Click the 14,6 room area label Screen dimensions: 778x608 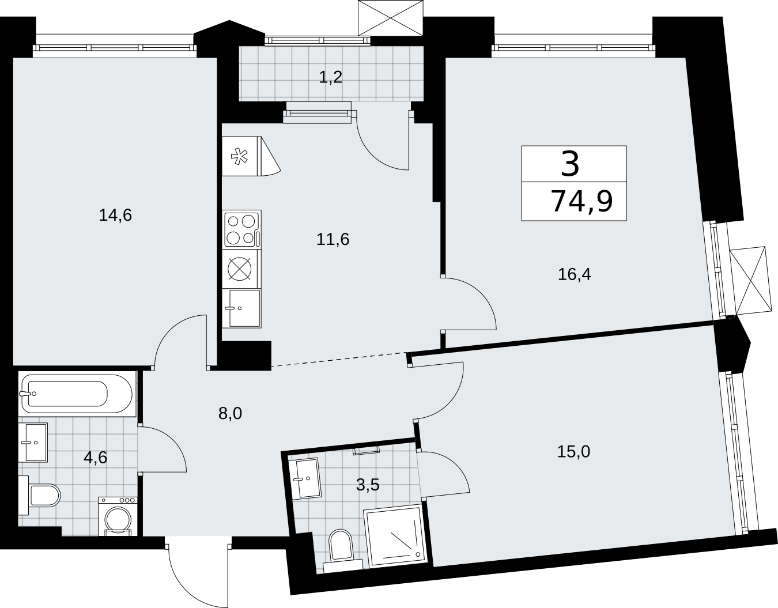point(115,216)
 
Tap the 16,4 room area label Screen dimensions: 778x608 point(575,274)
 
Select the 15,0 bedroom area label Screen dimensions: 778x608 point(573,452)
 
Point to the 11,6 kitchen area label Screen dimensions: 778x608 point(333,239)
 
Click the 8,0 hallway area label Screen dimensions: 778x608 point(230,414)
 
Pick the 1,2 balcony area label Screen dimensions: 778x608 point(331,77)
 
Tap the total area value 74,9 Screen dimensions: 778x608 point(582,202)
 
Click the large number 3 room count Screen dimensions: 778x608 point(570,164)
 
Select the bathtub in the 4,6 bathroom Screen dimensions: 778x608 point(77,394)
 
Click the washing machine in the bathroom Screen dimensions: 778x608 point(118,516)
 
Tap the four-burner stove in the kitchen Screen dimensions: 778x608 point(241,229)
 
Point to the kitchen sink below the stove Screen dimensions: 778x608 point(241,308)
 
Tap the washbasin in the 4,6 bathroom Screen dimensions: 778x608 point(33,443)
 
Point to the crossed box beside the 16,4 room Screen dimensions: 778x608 point(750,281)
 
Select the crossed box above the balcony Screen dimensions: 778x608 point(391,18)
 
